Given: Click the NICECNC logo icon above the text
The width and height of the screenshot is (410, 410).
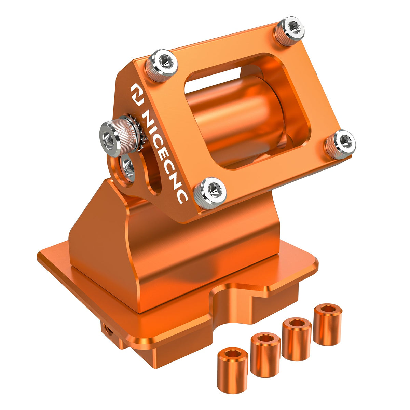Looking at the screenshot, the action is point(137,94).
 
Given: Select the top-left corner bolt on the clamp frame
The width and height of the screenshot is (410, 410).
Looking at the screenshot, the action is point(162,65).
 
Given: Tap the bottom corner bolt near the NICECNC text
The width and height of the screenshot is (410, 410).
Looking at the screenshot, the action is point(210,193).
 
